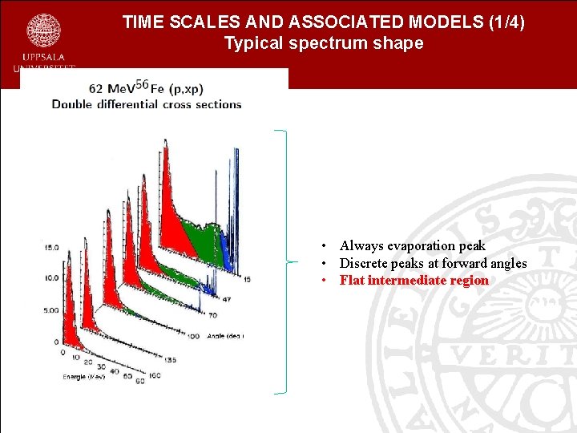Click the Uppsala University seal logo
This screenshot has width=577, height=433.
point(43,30)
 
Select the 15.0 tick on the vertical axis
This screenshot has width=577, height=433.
point(50,248)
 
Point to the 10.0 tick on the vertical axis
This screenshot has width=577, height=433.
point(50,277)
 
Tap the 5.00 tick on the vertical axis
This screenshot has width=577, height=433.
point(50,310)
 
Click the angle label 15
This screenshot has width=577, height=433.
point(247,278)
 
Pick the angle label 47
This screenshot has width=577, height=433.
point(227,298)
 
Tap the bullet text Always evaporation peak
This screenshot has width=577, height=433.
point(412,246)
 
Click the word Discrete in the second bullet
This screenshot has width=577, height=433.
point(365,263)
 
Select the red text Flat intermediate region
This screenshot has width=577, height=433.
point(414,281)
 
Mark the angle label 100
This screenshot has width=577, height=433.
point(193,335)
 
